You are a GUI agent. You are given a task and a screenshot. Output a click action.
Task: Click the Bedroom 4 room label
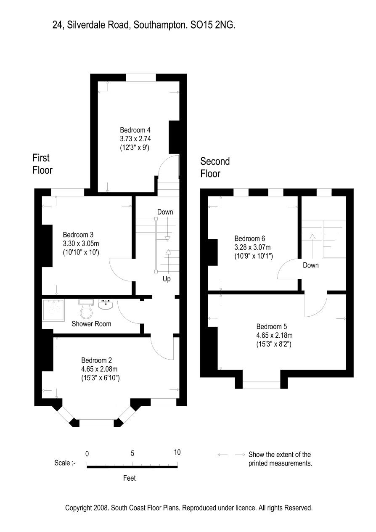point(135,130)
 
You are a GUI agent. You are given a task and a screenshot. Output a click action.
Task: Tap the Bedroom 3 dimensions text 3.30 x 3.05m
point(81,244)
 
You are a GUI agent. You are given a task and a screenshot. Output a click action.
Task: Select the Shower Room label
point(91,324)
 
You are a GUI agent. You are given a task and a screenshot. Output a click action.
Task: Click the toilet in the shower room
point(86,309)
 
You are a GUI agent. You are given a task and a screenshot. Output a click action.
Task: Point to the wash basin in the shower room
point(106,304)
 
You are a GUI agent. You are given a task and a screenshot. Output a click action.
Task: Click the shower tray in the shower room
point(53,310)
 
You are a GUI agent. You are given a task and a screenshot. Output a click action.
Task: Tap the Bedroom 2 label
point(96,360)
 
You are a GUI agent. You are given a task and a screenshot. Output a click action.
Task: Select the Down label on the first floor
point(165,212)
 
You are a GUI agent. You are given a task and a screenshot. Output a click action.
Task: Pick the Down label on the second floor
point(311,265)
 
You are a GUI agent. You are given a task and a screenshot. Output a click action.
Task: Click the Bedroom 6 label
point(250,238)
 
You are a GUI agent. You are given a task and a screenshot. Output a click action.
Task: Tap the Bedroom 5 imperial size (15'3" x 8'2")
point(274,344)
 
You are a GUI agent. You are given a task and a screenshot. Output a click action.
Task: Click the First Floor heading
point(42,164)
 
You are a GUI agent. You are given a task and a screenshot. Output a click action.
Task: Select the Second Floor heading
point(215,167)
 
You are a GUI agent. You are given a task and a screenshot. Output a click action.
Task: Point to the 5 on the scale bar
point(132,453)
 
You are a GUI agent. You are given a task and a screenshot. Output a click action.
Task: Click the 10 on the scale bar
point(177,452)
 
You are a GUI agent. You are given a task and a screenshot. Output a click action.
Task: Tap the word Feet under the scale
point(129,478)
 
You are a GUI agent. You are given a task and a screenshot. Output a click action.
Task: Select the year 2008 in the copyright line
point(101,508)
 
